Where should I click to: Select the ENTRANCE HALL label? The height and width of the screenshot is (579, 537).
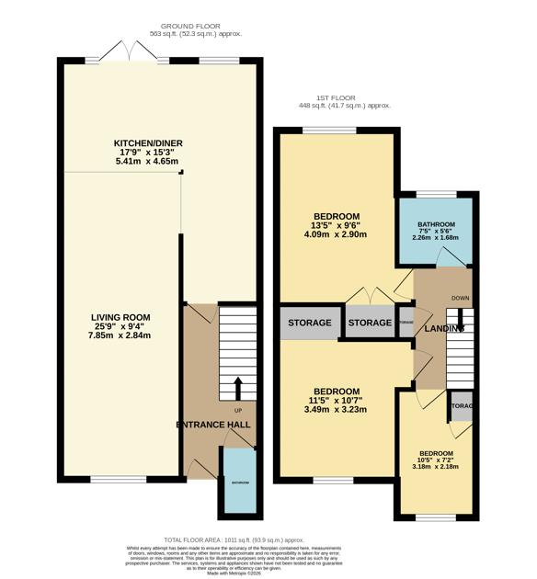tap(213, 425)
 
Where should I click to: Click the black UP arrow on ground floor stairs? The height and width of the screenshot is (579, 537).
tap(237, 387)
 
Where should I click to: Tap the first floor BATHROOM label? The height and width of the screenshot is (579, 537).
tap(436, 225)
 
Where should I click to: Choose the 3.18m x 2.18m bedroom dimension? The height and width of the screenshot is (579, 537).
tap(436, 467)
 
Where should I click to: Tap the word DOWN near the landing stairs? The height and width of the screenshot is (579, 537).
tap(461, 298)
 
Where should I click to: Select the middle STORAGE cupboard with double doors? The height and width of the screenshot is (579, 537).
tap(370, 323)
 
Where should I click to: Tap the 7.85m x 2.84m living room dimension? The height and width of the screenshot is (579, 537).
tap(120, 335)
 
